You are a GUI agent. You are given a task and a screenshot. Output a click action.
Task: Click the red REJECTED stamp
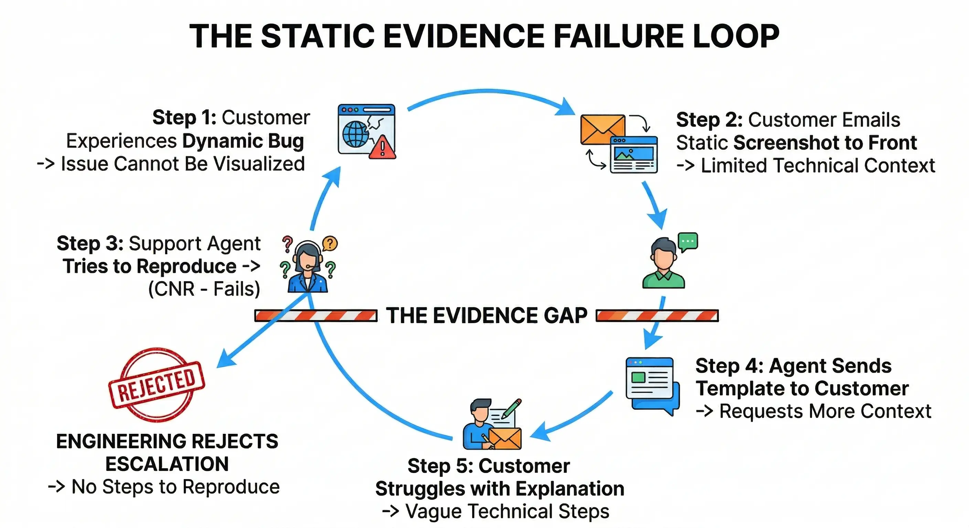157,384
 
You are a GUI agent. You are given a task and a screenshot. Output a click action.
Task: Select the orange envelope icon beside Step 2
602,130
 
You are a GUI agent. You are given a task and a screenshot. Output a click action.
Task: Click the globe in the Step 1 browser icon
355,134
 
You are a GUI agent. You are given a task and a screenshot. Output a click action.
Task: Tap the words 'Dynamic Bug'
243,141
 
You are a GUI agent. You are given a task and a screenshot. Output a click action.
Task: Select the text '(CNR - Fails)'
204,289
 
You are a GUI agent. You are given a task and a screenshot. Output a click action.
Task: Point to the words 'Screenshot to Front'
825,143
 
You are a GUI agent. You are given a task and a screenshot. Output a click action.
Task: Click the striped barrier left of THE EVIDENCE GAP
316,316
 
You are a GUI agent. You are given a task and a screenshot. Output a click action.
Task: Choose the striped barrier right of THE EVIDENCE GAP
657,316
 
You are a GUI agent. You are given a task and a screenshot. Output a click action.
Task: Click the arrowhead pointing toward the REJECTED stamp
226,359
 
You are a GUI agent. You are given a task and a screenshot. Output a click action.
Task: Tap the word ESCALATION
167,464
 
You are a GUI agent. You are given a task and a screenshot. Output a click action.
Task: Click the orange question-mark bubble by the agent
330,243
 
